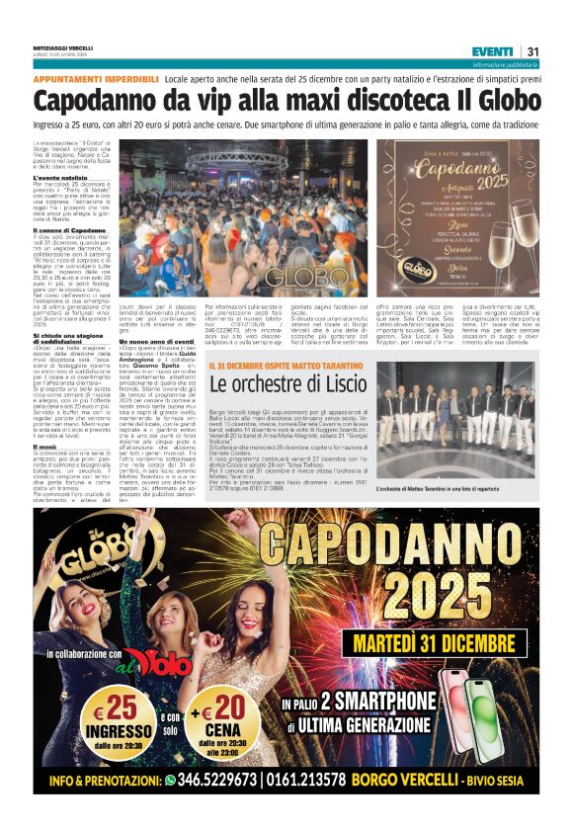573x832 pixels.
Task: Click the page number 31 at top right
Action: tap(532, 51)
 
